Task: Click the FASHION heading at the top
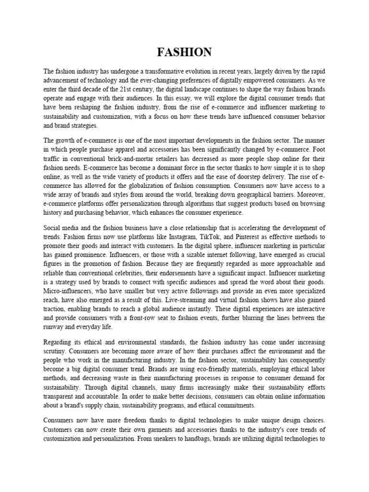click(184, 52)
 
